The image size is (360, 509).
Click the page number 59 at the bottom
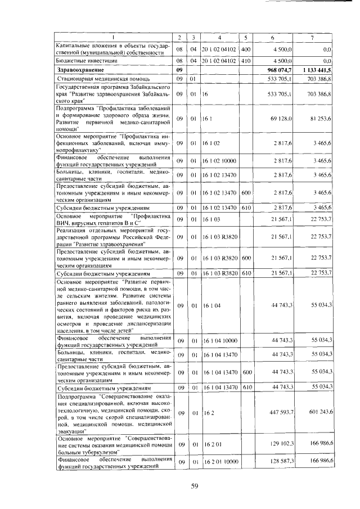(195, 487)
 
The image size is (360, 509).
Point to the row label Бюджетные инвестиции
(78, 59)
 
